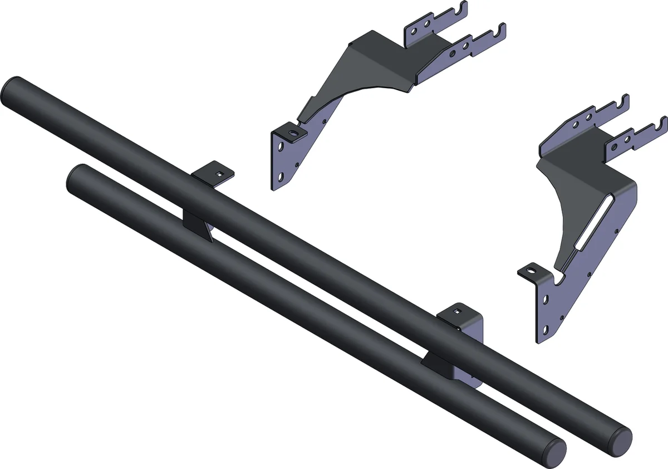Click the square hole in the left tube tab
[x=221, y=173]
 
